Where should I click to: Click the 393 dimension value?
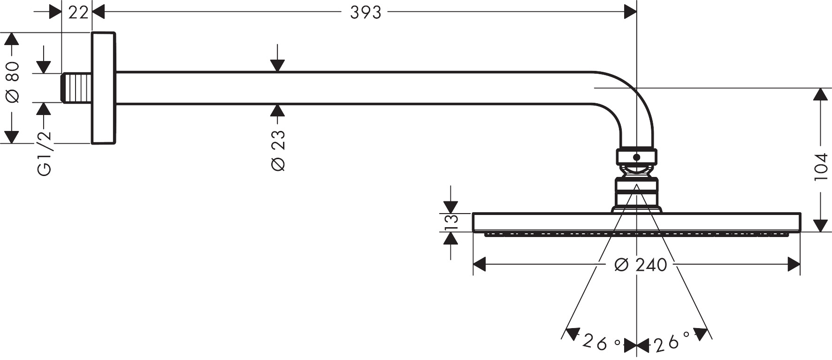tap(366, 13)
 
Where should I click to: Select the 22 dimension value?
tap(78, 13)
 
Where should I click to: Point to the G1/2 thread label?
tap(44, 154)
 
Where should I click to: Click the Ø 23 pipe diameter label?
tap(278, 150)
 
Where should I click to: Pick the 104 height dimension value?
tap(820, 167)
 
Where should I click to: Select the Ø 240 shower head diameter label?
tap(641, 265)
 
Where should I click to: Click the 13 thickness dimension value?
tap(451, 222)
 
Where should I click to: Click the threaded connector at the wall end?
tap(76, 88)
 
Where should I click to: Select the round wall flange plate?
tap(103, 88)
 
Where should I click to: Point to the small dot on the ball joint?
tap(636, 157)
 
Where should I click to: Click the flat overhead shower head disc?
tap(636, 222)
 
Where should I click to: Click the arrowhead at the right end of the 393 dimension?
tap(630, 13)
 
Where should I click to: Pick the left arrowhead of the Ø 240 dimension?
tap(479, 265)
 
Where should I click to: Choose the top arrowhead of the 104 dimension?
tap(820, 94)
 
